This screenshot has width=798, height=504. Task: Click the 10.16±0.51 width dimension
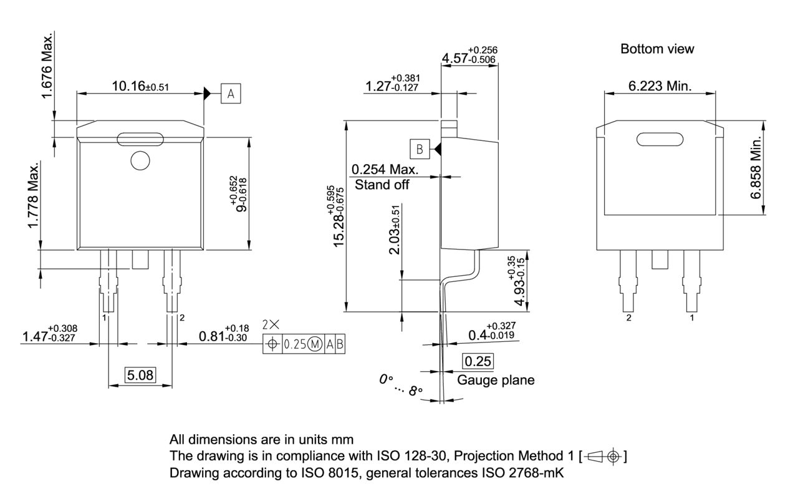pos(140,86)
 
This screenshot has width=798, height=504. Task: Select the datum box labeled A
pos(231,94)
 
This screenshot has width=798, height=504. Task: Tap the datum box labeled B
pos(420,149)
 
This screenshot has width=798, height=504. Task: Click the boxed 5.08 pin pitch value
pos(140,375)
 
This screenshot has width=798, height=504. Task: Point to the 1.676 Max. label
pos(47,65)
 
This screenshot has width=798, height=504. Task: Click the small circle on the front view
pos(140,161)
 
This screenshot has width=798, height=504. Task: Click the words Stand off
pos(382,185)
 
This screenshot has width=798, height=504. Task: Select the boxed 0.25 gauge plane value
pos(478,361)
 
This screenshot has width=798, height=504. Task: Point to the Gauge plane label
pos(496,380)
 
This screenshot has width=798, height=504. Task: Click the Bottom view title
pos(657,49)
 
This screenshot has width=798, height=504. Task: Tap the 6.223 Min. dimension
pos(660,86)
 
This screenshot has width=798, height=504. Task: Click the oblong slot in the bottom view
pos(659,139)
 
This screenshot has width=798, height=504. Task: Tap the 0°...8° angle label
pos(401,384)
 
